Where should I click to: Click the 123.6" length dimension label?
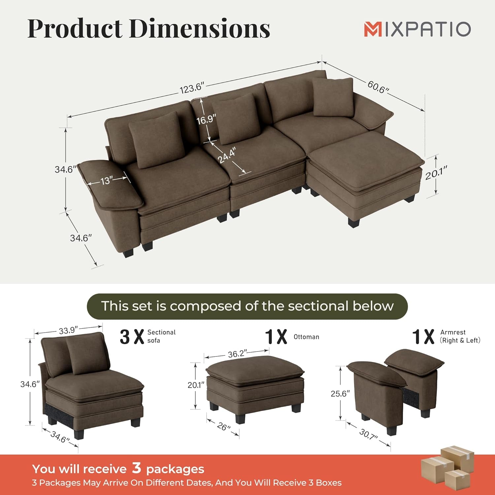click(192, 88)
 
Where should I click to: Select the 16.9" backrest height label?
click(206, 119)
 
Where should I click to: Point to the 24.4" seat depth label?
click(227, 155)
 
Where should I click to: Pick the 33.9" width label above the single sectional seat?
click(68, 330)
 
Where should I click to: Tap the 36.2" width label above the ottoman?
click(237, 354)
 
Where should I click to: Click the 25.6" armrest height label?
click(340, 393)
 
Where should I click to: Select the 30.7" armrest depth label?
click(368, 434)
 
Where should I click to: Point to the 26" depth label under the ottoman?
click(223, 427)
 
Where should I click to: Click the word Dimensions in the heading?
click(199, 29)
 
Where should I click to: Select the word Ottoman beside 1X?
click(306, 337)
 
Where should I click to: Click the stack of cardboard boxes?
click(447, 465)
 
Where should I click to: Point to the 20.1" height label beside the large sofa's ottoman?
click(436, 173)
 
